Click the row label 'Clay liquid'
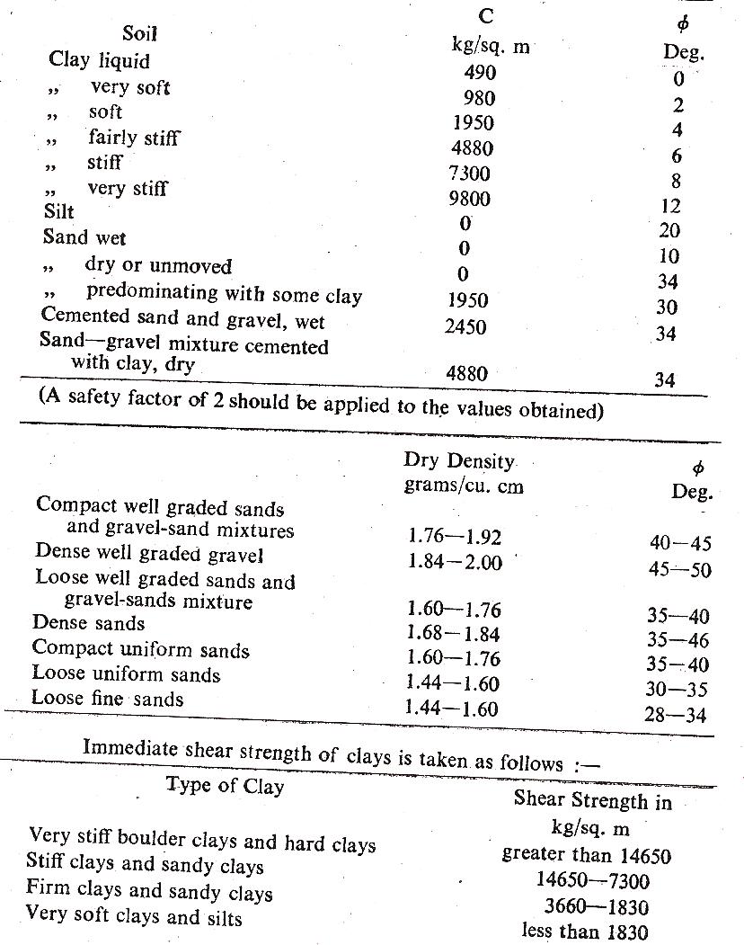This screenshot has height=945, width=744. click(x=99, y=61)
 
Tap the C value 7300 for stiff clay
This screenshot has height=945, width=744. click(x=469, y=174)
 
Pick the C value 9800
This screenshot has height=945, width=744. click(x=469, y=199)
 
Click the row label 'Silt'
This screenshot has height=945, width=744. click(x=59, y=213)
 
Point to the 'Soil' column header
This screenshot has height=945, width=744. click(x=139, y=34)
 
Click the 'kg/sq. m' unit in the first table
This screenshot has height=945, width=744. click(x=490, y=47)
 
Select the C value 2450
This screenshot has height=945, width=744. click(x=465, y=327)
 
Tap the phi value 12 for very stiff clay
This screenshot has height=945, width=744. click(x=670, y=207)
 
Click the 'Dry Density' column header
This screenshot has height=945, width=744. click(x=459, y=461)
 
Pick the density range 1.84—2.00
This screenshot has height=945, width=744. click(x=455, y=562)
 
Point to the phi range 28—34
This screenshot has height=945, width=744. click(x=676, y=716)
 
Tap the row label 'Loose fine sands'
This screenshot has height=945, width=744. click(x=107, y=699)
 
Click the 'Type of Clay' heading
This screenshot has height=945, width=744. click(x=225, y=787)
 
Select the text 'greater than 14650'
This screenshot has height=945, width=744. click(x=587, y=854)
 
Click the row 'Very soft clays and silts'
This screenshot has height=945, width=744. click(x=134, y=916)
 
